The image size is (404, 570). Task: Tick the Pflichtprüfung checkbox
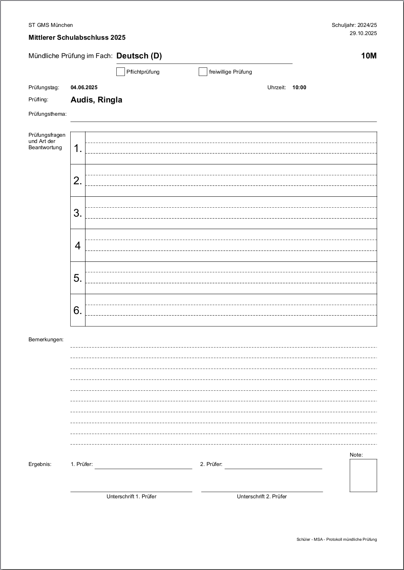(x=121, y=72)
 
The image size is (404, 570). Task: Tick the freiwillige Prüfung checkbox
(x=203, y=72)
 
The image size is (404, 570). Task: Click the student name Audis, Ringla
(x=96, y=100)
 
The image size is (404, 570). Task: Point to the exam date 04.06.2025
(x=84, y=87)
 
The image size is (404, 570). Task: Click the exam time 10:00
(x=299, y=87)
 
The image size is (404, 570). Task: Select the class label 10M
(x=369, y=56)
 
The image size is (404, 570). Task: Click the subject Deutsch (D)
(x=139, y=56)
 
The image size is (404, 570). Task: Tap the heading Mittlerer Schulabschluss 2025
(x=77, y=37)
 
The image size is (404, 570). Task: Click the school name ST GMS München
(x=51, y=25)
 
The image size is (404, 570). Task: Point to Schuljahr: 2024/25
(x=354, y=25)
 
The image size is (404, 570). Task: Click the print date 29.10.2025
(x=363, y=33)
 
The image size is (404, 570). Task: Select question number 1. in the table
(x=78, y=148)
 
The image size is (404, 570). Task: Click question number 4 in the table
(x=78, y=245)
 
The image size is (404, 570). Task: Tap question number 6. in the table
(x=78, y=310)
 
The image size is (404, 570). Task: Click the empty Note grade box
(x=363, y=475)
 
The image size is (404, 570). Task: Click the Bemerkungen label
(x=46, y=339)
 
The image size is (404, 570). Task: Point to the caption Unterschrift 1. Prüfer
(x=132, y=496)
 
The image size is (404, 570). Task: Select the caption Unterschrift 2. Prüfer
(x=262, y=496)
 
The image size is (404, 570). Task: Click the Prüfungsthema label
(x=48, y=114)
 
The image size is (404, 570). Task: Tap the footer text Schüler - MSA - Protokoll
(x=336, y=539)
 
